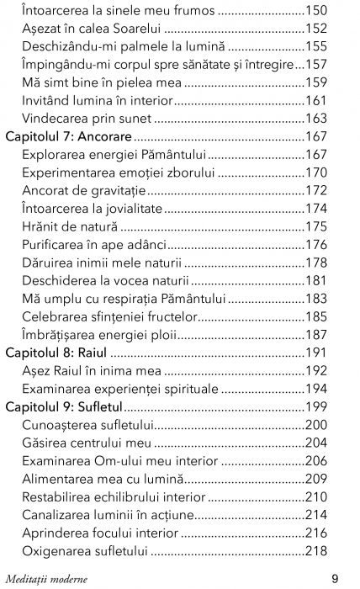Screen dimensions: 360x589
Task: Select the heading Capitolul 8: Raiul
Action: click(x=56, y=329)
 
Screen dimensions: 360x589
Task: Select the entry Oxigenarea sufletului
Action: click(x=85, y=552)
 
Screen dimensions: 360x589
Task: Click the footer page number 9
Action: click(x=335, y=578)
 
